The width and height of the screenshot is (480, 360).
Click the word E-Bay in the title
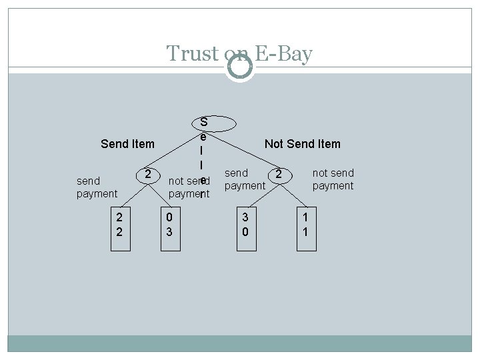point(285,53)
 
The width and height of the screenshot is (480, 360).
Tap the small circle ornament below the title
point(239,67)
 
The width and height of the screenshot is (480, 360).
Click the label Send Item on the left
point(127,144)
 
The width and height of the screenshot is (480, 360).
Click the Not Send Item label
point(302,144)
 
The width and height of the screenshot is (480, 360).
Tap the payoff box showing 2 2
point(119,225)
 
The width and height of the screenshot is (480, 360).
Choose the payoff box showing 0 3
point(169,225)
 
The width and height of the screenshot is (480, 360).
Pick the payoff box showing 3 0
point(245,225)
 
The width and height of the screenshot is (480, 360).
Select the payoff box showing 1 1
point(305,225)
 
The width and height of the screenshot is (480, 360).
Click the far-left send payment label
point(97,187)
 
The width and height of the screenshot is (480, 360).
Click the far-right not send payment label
point(333,179)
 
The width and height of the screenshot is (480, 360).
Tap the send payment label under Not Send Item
point(245,179)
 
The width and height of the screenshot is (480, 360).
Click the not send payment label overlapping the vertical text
point(189,187)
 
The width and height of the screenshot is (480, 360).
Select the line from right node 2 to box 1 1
point(293,193)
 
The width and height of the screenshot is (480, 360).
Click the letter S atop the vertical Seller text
point(203,122)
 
